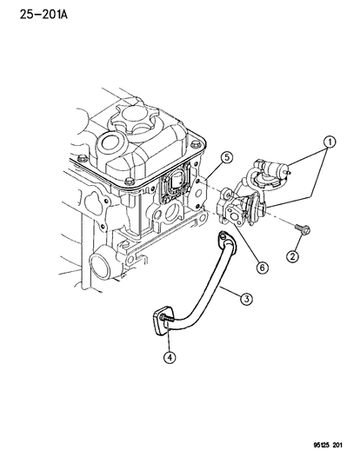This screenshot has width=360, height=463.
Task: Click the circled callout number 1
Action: click(330, 142)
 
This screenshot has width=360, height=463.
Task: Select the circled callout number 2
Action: click(292, 256)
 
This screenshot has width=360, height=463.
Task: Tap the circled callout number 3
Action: click(246, 299)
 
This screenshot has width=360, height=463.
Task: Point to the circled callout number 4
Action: click(170, 357)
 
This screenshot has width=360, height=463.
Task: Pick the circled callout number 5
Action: click(226, 157)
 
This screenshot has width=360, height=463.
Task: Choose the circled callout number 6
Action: click(262, 268)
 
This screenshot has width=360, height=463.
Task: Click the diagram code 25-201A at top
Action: click(43, 14)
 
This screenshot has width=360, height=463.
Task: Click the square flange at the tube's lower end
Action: click(163, 321)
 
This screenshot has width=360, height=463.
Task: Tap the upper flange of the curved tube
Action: click(228, 241)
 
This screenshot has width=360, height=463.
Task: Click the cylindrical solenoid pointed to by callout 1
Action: click(272, 168)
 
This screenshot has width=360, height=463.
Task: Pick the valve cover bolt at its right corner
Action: click(197, 145)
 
